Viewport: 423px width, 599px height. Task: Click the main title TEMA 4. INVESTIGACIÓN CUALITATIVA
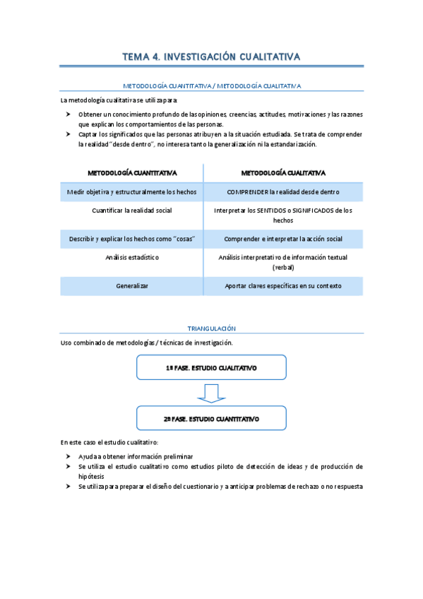[211, 57]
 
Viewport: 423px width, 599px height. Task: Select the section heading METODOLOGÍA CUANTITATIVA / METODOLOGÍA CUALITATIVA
[211, 85]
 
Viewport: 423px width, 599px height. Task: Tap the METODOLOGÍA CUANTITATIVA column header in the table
[132, 172]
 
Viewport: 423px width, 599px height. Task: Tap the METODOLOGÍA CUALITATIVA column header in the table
[283, 172]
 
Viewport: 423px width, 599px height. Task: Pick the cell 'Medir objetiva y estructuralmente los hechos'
[132, 191]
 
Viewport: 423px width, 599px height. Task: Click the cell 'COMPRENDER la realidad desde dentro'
[283, 191]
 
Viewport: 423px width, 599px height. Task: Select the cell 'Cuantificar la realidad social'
[132, 210]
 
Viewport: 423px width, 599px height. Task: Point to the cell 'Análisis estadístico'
[132, 257]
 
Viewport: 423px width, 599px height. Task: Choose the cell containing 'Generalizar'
[132, 286]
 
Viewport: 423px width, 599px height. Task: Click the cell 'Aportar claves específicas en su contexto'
[283, 286]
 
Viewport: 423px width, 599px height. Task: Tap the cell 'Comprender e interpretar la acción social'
[283, 239]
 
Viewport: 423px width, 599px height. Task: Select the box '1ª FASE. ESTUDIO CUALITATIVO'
[211, 368]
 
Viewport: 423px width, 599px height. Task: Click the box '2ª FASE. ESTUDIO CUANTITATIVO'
[211, 418]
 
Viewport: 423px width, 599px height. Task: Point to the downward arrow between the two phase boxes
[211, 393]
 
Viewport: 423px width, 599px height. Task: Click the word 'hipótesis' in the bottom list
[91, 477]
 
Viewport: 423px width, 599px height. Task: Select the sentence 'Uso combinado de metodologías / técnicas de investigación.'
[146, 343]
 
